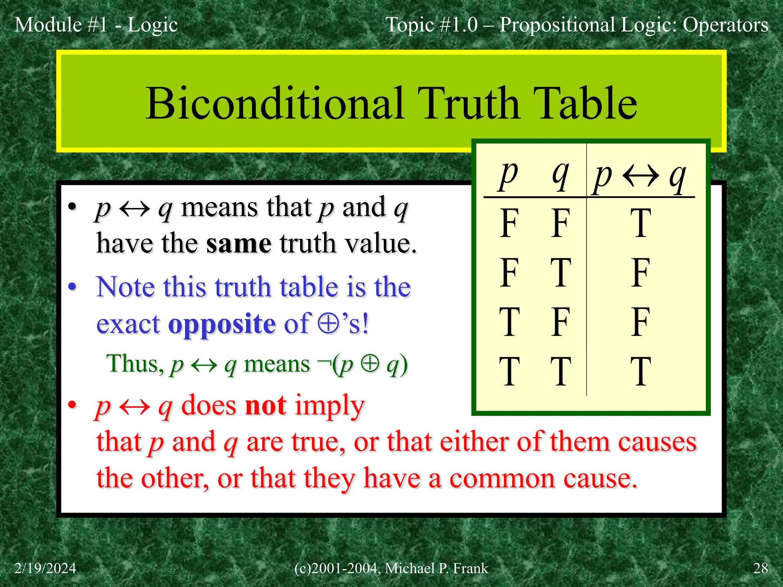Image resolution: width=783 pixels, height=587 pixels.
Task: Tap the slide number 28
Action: (760, 568)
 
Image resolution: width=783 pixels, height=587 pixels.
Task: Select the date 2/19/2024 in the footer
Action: (45, 568)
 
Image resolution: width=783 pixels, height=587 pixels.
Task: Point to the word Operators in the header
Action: (725, 25)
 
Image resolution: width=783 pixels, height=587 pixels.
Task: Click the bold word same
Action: (239, 243)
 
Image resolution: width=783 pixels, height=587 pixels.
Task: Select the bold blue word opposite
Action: (222, 324)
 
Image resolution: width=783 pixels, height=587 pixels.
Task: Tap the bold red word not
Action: (265, 405)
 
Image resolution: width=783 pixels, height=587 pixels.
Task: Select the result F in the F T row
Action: (640, 272)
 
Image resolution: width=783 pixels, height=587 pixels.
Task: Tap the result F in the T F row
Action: (640, 322)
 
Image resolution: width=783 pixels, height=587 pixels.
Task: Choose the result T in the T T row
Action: (640, 371)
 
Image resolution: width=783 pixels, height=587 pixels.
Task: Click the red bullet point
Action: (72, 405)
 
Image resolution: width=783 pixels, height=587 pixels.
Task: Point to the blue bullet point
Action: (72, 287)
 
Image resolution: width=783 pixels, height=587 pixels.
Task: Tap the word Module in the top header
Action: (48, 25)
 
